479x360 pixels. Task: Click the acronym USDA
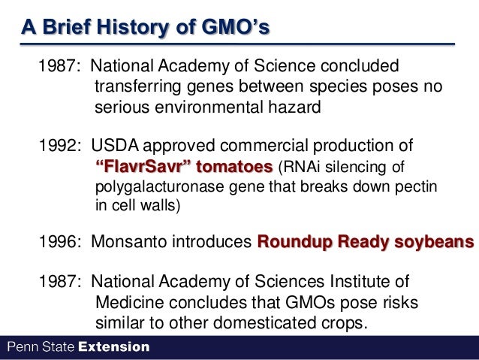(x=116, y=144)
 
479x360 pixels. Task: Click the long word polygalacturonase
(x=160, y=186)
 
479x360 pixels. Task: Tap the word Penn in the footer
(x=21, y=347)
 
